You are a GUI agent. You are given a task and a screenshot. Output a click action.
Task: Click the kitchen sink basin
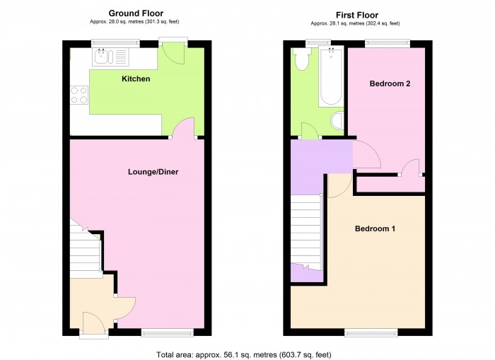point(103,57)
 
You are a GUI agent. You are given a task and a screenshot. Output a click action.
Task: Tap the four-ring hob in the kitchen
point(78,95)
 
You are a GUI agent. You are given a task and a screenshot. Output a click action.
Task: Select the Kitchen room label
point(136,79)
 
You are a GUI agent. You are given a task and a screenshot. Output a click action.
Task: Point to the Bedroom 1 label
point(375,229)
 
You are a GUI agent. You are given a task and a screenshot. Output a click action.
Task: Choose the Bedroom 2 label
point(390,83)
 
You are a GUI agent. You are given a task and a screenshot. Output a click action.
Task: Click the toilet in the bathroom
point(302,62)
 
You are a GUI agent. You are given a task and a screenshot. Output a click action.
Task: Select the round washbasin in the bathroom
point(337,120)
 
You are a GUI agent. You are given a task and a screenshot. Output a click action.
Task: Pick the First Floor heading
point(356,15)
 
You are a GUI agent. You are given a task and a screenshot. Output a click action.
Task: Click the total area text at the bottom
point(243,354)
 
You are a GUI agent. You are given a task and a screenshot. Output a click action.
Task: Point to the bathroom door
point(309,131)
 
